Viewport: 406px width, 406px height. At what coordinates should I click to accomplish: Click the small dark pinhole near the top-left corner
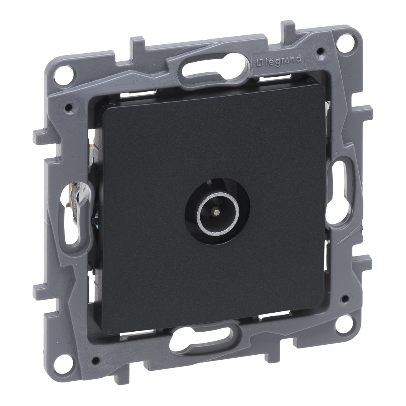point(69,106)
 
